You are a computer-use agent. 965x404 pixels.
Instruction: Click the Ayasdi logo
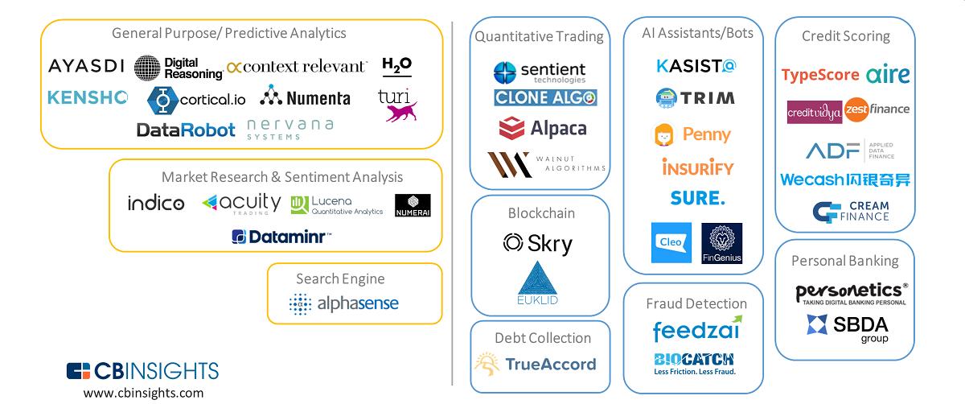point(86,66)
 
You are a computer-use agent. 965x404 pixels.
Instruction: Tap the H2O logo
point(396,65)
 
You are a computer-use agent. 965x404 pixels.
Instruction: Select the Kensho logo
point(88,97)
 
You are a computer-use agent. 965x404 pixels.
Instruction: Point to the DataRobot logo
point(186,130)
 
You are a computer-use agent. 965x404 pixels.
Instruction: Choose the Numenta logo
point(306,97)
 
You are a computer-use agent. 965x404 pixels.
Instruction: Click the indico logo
point(156,204)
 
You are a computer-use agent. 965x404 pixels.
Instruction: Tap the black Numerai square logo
point(413,205)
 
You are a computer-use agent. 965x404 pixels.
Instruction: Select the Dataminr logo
point(281,237)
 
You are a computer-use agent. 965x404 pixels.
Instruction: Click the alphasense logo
point(343,304)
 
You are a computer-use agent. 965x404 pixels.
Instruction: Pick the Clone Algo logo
point(545,98)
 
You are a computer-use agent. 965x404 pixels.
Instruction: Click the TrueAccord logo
point(536,365)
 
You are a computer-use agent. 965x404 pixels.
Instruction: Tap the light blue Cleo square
point(671,243)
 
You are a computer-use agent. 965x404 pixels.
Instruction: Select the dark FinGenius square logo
point(722,243)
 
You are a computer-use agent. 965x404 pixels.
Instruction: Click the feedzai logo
point(696,330)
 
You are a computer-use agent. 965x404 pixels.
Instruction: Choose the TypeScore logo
point(820,76)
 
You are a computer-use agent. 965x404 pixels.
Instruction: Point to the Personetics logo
point(852,293)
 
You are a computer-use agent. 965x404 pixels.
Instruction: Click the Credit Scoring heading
point(845,36)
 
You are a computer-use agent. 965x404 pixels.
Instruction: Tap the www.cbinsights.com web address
point(143,393)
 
